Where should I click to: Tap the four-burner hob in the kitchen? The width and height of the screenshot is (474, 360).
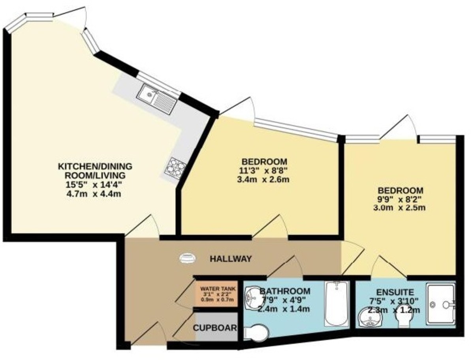point(175,168)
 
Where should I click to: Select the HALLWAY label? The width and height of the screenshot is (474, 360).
point(231,259)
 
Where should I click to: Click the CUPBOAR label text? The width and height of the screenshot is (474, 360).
point(215,328)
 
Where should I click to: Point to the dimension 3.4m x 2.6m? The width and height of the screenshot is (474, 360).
point(264,180)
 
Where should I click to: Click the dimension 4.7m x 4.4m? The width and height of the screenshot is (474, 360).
point(95,193)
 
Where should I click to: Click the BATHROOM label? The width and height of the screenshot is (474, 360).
point(285,291)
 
